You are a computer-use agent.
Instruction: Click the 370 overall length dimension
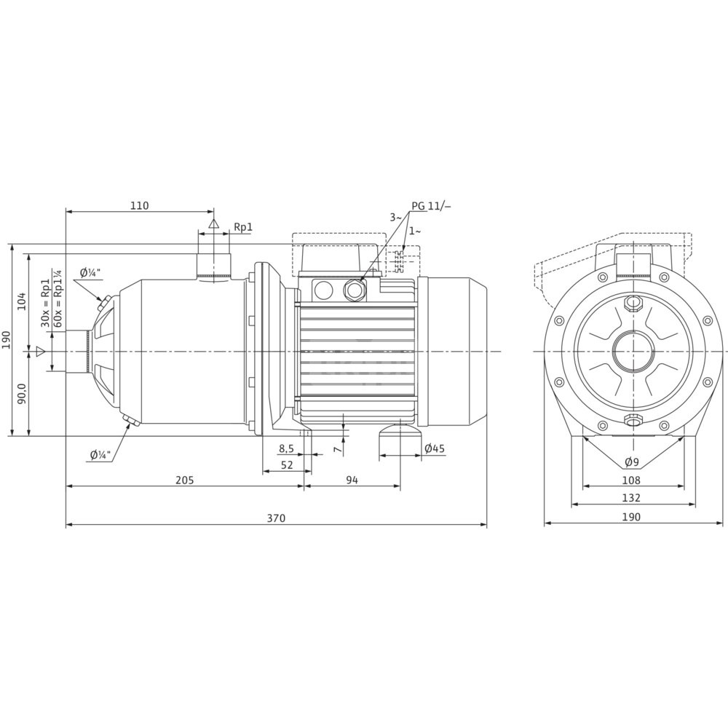(275, 518)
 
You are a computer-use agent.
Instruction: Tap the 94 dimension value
(352, 480)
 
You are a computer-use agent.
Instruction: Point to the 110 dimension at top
(139, 206)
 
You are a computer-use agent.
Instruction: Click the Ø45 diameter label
(434, 448)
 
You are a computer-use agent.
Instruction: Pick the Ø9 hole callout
(631, 462)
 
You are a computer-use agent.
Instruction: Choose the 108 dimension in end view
(631, 480)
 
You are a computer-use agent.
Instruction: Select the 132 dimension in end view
(631, 498)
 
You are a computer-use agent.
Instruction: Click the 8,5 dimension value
(287, 448)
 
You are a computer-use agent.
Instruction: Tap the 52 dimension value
(287, 464)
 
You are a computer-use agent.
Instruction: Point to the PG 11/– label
(431, 206)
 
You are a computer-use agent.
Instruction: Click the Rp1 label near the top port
(242, 227)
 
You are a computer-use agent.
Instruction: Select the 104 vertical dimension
(21, 301)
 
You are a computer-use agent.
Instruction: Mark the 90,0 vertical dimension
(21, 394)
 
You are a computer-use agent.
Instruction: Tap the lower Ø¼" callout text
(100, 455)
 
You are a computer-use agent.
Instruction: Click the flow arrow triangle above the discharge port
(213, 223)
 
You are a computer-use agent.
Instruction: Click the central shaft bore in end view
(631, 352)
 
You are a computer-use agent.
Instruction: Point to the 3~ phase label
(395, 217)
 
